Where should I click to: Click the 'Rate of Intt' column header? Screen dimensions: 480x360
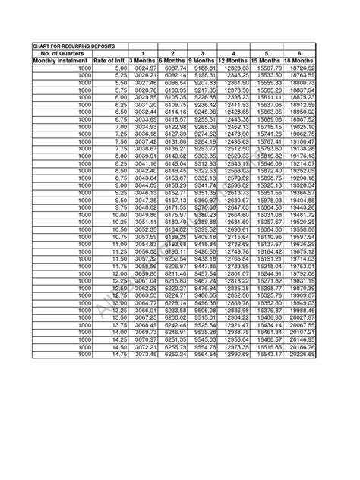click(109, 61)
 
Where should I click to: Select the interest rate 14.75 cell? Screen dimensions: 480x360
click(118, 355)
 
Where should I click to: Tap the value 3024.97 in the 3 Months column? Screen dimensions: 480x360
click(145, 68)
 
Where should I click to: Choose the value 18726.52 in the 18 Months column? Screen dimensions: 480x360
click(302, 68)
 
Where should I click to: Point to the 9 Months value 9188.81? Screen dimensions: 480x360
click(205, 68)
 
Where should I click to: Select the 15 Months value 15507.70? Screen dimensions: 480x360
click(269, 68)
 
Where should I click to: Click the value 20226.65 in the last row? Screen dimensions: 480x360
click(302, 355)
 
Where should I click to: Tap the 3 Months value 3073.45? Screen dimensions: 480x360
click(145, 355)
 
